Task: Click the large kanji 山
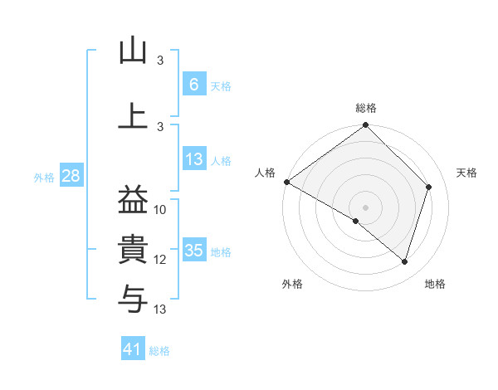pyautogui.click(x=133, y=51)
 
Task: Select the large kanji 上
pyautogui.click(x=133, y=115)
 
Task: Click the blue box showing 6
pyautogui.click(x=193, y=84)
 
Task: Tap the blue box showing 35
pyautogui.click(x=193, y=250)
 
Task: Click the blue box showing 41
pyautogui.click(x=133, y=349)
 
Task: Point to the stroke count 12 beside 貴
pyautogui.click(x=160, y=260)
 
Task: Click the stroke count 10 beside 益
pyautogui.click(x=160, y=210)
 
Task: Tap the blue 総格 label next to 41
pyautogui.click(x=159, y=351)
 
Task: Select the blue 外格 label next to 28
pyautogui.click(x=44, y=177)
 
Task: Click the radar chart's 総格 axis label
pyautogui.click(x=366, y=108)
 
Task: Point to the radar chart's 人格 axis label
pyautogui.click(x=266, y=172)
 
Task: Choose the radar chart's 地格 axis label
pyautogui.click(x=435, y=284)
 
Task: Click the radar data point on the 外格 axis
pyautogui.click(x=356, y=221)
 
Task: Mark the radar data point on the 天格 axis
pyautogui.click(x=429, y=187)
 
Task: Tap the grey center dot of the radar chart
pyautogui.click(x=365, y=207)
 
